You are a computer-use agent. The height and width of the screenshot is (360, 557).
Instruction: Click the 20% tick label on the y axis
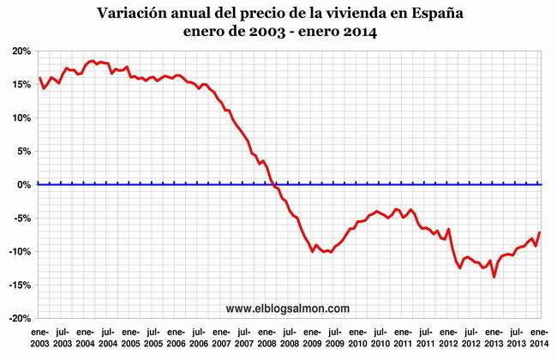20,51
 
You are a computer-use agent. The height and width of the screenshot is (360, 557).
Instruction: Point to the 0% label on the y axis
23,184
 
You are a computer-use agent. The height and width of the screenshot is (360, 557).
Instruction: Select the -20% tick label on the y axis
19,318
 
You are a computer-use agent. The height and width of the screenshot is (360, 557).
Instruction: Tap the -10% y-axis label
19,251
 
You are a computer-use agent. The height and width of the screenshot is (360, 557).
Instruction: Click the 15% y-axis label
20,85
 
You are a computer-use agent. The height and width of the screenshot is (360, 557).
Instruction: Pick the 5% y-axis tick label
22,151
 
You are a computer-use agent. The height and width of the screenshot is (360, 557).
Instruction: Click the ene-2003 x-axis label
39,337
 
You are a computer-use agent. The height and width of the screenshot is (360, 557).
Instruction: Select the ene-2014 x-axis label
540,337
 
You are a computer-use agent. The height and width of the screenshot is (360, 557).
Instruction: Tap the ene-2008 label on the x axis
267,337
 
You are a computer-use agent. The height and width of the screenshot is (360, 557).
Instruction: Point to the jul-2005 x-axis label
153,337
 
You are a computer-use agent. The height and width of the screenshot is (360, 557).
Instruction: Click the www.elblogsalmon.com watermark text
288,308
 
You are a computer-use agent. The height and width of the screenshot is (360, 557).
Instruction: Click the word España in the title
434,15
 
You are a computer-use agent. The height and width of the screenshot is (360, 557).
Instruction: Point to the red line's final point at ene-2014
540,232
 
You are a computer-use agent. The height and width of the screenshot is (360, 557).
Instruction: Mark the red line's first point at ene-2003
39,78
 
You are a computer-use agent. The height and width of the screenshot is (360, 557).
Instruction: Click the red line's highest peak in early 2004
93,61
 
